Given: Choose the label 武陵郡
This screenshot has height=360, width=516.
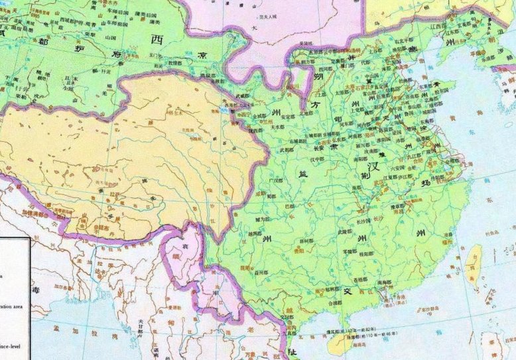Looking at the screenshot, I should (x=344, y=231).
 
